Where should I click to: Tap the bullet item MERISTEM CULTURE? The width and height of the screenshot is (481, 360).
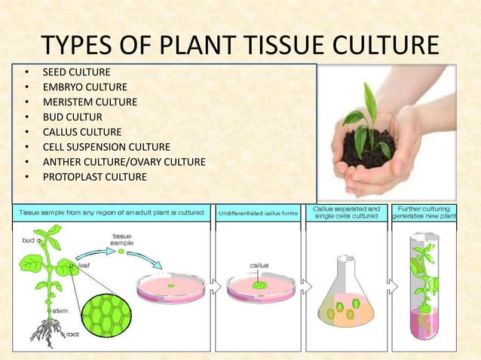90,102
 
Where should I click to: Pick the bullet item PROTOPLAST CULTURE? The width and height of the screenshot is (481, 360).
94,177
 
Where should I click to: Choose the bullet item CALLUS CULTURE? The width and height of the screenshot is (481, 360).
81,132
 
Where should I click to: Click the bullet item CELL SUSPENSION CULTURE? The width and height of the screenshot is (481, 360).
106,147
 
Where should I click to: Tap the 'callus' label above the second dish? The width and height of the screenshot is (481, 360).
259,265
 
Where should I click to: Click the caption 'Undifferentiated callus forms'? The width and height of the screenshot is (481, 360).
257,213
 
